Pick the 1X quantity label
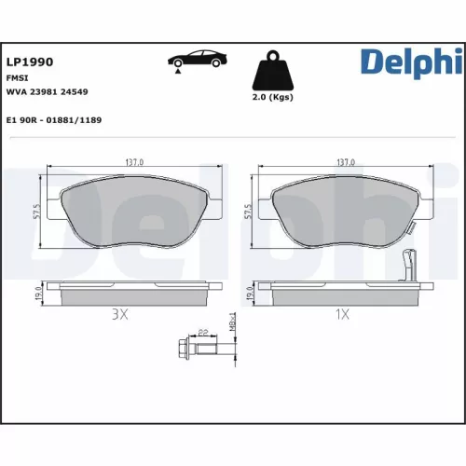(343, 315)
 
